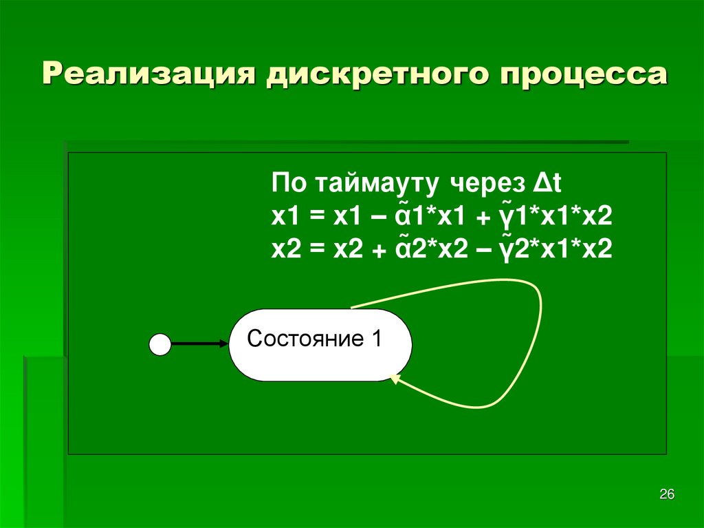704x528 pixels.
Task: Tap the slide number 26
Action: point(667,494)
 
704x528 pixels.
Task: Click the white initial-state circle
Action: point(160,344)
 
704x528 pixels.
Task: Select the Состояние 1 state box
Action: point(320,345)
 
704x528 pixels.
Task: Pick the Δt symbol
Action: point(547,185)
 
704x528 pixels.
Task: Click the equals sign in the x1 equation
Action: point(316,218)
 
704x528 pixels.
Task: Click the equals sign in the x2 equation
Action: point(316,249)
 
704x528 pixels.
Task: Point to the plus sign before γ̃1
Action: point(485,219)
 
